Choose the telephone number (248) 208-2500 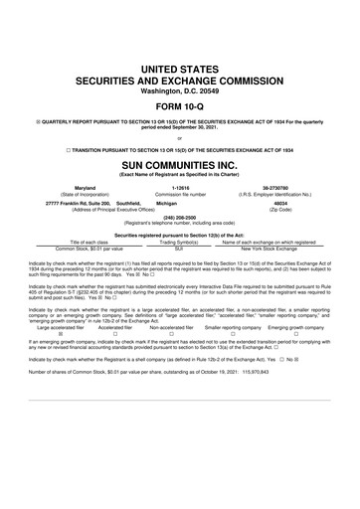coord(179,220)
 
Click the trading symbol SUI coord(181,248)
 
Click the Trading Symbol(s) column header coord(181,242)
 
